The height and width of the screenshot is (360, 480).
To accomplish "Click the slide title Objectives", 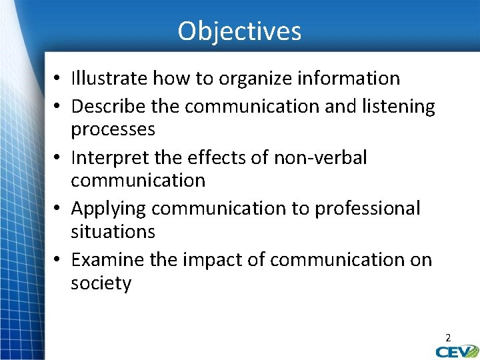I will pyautogui.click(x=239, y=31).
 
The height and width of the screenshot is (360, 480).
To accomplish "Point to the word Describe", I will pyautogui.click(x=109, y=107).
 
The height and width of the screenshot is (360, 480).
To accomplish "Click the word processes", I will pyautogui.click(x=113, y=129).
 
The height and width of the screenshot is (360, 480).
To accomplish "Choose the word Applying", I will pyautogui.click(x=108, y=209).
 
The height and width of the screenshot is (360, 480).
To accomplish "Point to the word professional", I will pyautogui.click(x=368, y=209).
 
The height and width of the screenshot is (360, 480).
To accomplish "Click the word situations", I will pyautogui.click(x=113, y=232).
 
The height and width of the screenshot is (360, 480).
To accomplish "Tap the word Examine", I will pyautogui.click(x=107, y=260).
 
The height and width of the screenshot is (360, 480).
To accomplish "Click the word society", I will pyautogui.click(x=101, y=283).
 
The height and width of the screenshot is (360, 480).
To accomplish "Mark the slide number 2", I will pyautogui.click(x=448, y=338).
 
